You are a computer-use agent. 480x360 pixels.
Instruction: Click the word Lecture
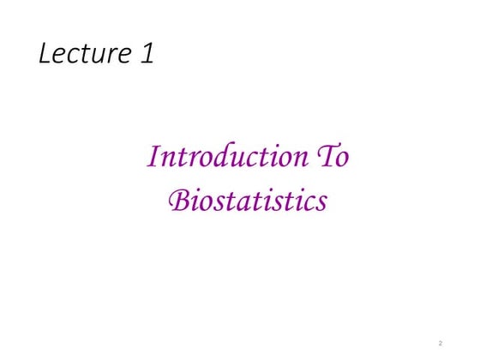[84, 55]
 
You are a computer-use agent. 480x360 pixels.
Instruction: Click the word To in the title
[333, 158]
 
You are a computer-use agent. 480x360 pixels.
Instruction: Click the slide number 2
[440, 343]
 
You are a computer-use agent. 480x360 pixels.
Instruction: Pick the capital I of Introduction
[154, 158]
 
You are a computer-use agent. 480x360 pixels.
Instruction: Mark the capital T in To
[327, 158]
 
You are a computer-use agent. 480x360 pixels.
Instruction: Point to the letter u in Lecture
[106, 57]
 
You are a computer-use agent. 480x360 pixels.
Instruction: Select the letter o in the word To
[343, 159]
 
